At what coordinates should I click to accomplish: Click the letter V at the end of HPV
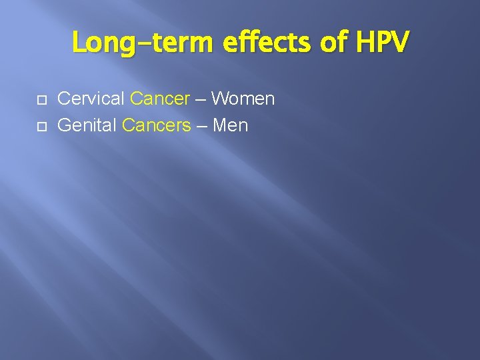tap(401, 43)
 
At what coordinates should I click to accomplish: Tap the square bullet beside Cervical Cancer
tap(41, 99)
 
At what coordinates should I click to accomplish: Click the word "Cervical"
tap(91, 99)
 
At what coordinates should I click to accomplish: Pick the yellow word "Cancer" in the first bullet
tap(160, 99)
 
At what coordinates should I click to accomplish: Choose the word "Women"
tap(243, 99)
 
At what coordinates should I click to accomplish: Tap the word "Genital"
tap(87, 125)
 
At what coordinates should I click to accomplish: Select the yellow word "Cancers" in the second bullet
tap(157, 125)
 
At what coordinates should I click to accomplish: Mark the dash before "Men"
tap(201, 126)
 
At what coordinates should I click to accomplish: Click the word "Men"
tap(230, 125)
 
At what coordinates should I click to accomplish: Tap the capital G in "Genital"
tap(65, 125)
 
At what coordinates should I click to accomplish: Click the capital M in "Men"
tap(219, 125)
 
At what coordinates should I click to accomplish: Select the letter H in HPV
tap(366, 43)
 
